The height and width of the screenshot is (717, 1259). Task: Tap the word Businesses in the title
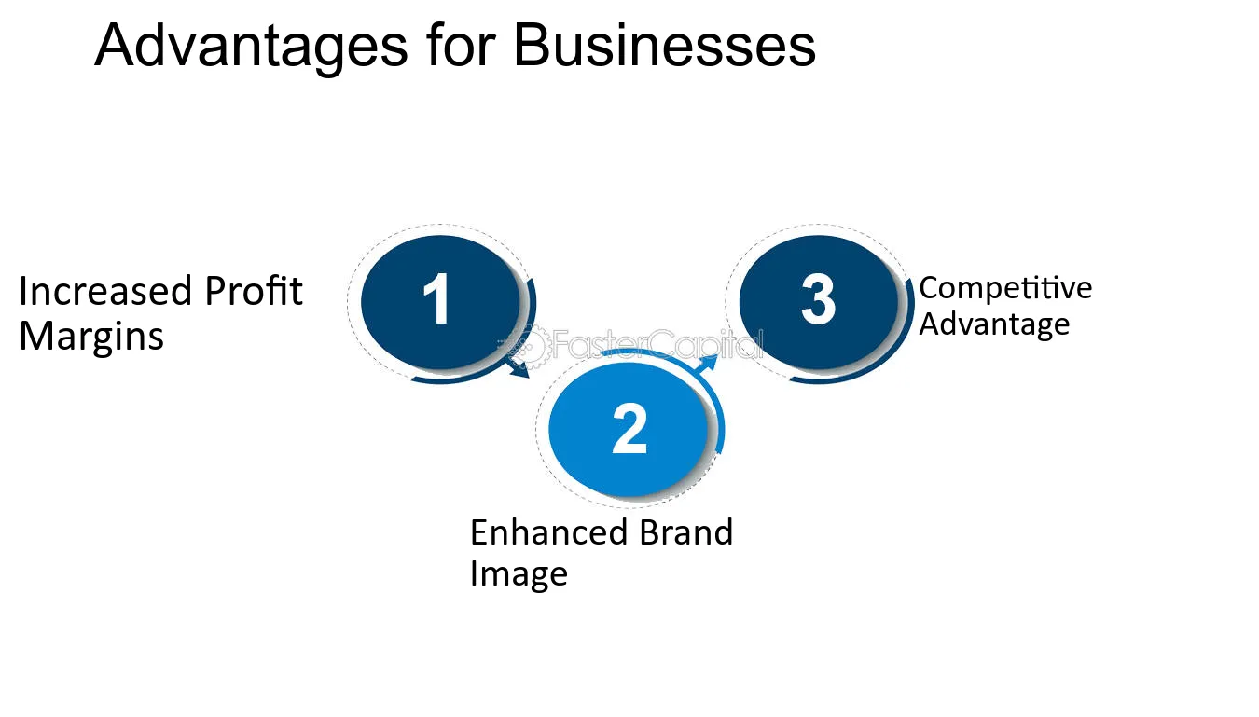click(665, 46)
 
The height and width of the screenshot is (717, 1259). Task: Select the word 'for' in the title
click(461, 45)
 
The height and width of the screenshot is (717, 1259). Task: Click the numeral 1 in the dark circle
click(436, 298)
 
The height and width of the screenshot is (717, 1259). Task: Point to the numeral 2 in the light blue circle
click(629, 429)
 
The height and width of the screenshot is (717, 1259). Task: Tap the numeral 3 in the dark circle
click(818, 299)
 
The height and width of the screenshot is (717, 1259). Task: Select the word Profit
click(254, 291)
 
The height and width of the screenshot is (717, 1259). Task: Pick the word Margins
click(91, 337)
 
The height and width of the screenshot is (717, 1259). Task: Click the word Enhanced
click(548, 532)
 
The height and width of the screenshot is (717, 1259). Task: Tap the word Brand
click(686, 532)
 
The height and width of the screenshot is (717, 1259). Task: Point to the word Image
click(519, 575)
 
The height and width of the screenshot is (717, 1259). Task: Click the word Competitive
click(1005, 289)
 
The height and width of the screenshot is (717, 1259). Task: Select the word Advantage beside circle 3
click(994, 325)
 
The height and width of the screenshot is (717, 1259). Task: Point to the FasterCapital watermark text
click(657, 344)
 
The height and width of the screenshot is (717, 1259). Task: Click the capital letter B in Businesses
click(534, 46)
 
